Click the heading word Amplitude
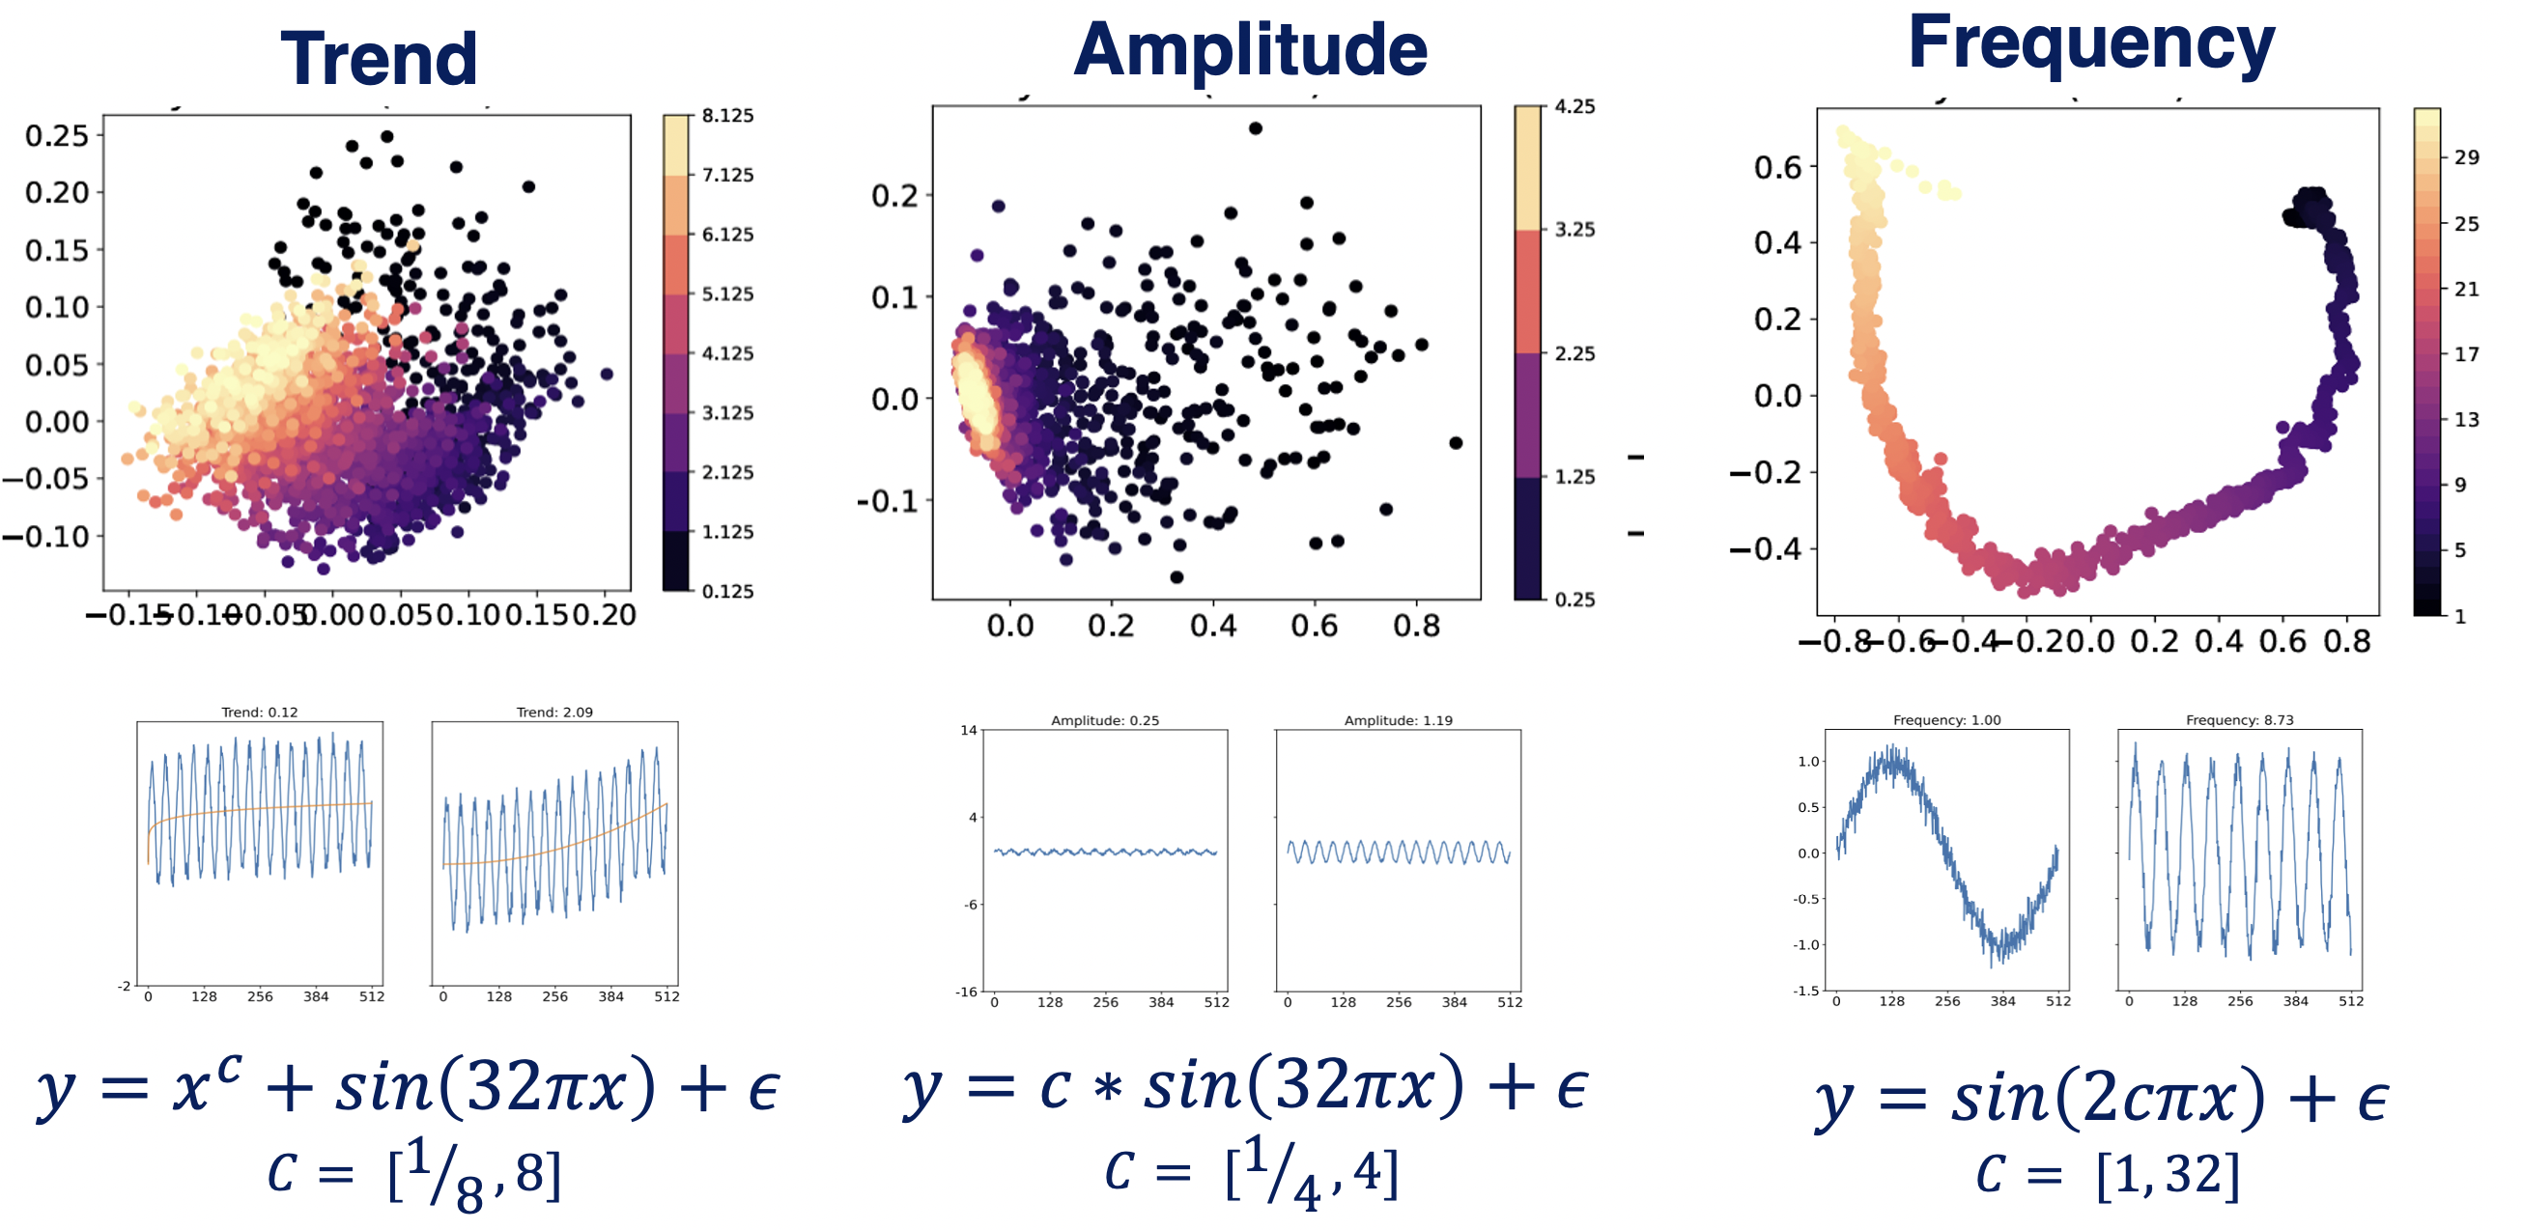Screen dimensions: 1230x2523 coord(1250,51)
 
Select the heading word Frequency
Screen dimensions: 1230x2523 coord(2091,43)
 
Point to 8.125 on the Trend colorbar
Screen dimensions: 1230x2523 coord(727,116)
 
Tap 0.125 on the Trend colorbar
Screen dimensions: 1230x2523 coord(727,592)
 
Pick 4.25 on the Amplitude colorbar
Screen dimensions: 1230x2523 coord(1573,107)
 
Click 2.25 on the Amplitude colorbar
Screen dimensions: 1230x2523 coord(1573,353)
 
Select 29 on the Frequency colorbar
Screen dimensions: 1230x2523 coord(2467,157)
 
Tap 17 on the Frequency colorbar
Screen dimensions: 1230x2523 coord(2467,354)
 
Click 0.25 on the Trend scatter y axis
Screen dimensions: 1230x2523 coord(57,136)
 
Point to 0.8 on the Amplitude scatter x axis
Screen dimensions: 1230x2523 coord(1416,626)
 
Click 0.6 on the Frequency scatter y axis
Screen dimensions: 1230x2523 coord(1777,167)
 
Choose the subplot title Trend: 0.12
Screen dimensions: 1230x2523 coord(260,712)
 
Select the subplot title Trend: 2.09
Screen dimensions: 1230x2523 coord(554,712)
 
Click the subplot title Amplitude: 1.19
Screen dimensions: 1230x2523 coord(1398,720)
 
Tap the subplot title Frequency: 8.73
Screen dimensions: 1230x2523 coord(2240,720)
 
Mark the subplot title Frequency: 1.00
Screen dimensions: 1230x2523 coord(1947,720)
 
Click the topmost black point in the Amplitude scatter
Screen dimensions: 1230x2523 coord(1256,128)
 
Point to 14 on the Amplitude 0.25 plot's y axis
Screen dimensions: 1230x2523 coord(968,730)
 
